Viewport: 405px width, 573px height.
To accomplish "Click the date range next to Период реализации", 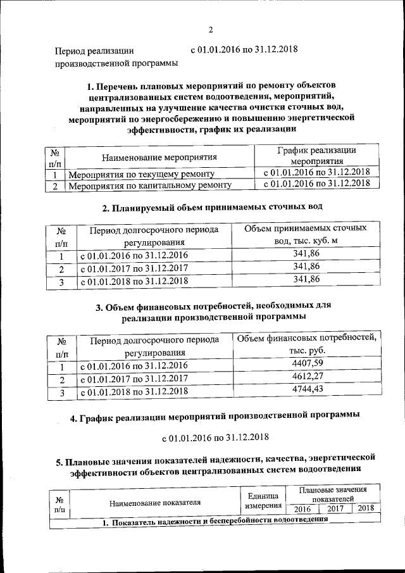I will [244, 49].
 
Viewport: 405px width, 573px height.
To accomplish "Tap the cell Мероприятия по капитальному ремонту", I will [149, 186].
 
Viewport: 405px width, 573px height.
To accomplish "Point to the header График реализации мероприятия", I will [316, 156].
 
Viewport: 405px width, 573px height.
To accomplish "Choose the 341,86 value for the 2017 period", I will [307, 267].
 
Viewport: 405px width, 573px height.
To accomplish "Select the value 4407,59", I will [308, 363].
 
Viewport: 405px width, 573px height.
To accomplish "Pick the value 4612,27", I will [308, 377].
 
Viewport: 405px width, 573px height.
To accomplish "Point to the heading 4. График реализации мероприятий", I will [215, 416].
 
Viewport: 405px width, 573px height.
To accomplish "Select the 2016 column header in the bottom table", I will [302, 508].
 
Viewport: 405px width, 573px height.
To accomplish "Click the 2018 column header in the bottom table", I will [365, 508].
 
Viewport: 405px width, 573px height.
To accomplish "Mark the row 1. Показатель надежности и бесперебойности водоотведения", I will [215, 520].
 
